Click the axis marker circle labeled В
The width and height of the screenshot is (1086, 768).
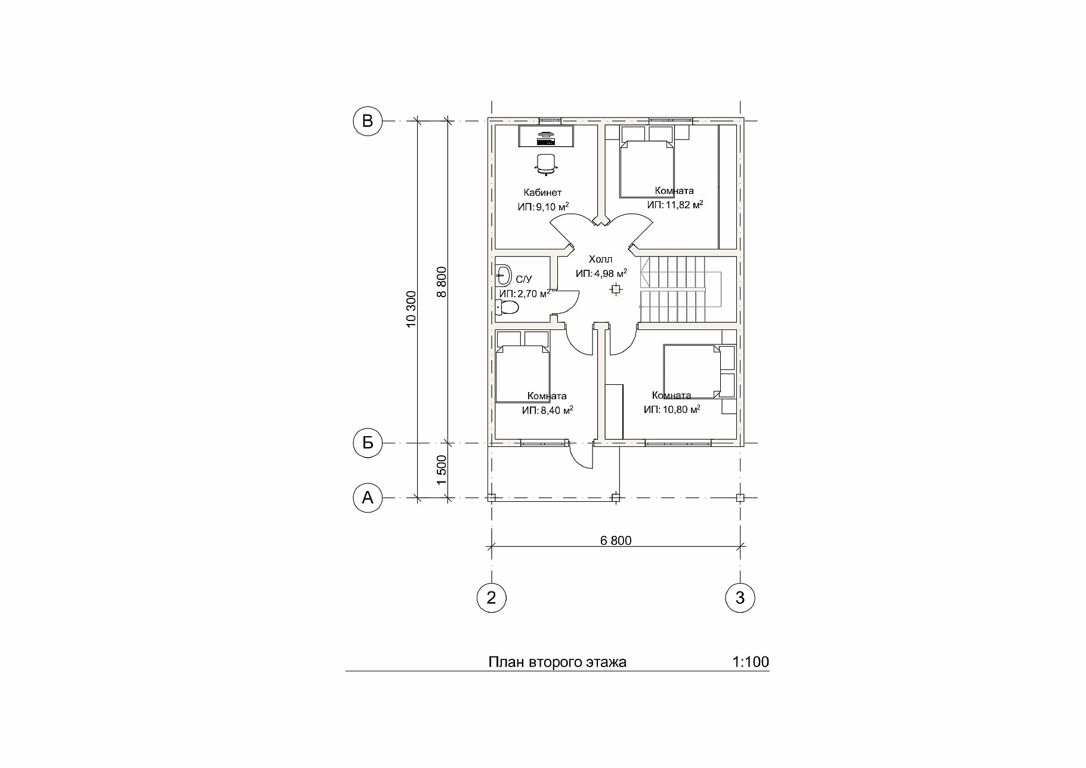pyautogui.click(x=368, y=121)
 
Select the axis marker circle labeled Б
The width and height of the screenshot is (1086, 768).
pyautogui.click(x=368, y=443)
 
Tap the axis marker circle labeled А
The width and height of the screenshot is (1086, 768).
pyautogui.click(x=368, y=498)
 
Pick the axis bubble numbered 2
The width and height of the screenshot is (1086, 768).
pyautogui.click(x=492, y=597)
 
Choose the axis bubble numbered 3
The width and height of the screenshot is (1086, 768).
pyautogui.click(x=741, y=597)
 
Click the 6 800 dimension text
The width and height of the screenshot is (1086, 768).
pyautogui.click(x=616, y=541)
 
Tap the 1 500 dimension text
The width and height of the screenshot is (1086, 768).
pyautogui.click(x=441, y=470)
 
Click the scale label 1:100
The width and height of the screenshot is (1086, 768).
pyautogui.click(x=750, y=662)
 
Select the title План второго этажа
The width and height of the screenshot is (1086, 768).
pyautogui.click(x=557, y=662)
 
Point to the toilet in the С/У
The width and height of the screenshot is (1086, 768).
pyautogui.click(x=508, y=308)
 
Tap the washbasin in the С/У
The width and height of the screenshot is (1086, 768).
pyautogui.click(x=503, y=275)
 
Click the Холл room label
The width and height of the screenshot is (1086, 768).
pyautogui.click(x=600, y=260)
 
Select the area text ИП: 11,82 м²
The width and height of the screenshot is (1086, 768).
pyautogui.click(x=675, y=205)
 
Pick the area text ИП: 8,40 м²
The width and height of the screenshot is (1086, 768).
pyautogui.click(x=548, y=410)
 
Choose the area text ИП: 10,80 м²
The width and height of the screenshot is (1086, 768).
pyautogui.click(x=672, y=409)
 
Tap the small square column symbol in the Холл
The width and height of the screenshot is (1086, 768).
pyautogui.click(x=615, y=289)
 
